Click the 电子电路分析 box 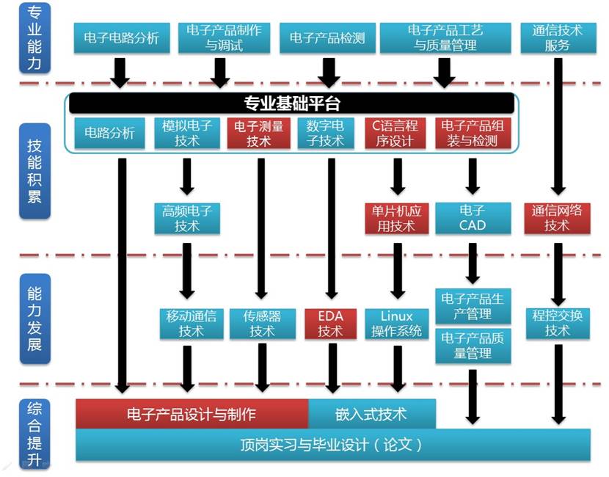[121, 38]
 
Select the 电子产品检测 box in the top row [327, 38]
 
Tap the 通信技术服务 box [557, 38]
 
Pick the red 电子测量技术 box [259, 134]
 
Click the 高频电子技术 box [187, 219]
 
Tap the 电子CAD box [472, 219]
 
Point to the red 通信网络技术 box [557, 219]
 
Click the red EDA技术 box [329, 324]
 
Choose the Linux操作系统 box [397, 324]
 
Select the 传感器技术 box [261, 324]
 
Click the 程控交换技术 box [557, 324]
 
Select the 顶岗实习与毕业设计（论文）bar [332, 445]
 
